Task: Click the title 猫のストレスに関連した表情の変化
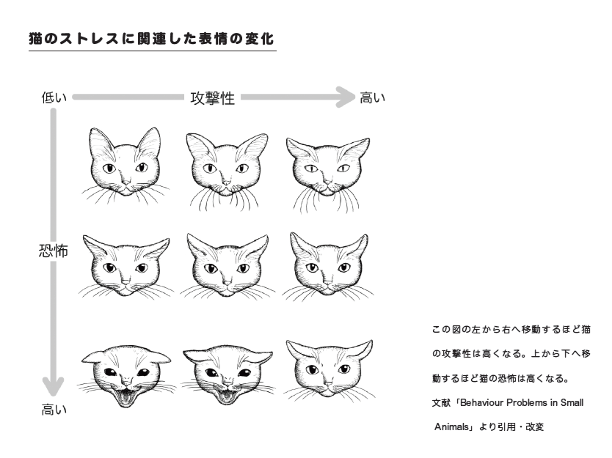[151, 39]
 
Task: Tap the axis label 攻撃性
[213, 98]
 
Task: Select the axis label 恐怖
[54, 251]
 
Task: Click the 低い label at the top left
[54, 97]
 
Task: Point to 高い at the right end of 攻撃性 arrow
[372, 97]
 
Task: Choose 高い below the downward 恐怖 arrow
[54, 410]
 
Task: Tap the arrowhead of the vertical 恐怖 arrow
[54, 387]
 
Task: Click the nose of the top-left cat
[125, 182]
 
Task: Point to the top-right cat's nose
[328, 182]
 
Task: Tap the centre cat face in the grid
[227, 266]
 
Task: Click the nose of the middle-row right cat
[328, 282]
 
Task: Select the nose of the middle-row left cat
[125, 282]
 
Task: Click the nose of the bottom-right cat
[328, 383]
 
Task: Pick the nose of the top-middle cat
[227, 182]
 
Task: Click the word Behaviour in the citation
[481, 402]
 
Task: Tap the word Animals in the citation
[451, 426]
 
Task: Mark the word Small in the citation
[572, 402]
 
